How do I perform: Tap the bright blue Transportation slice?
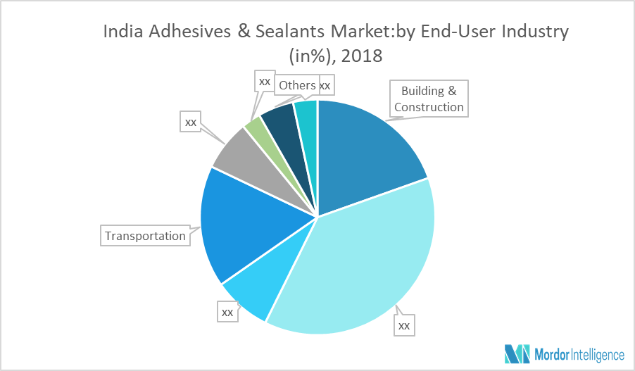coord(246,225)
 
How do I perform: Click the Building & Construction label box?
coord(429,99)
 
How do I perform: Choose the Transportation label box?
coord(145,235)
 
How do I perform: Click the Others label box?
coord(296,85)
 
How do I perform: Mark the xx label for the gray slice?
coord(190,121)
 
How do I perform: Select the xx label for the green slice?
coord(265,81)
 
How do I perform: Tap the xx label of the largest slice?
coord(404,325)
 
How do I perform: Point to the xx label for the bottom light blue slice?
coord(227,311)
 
